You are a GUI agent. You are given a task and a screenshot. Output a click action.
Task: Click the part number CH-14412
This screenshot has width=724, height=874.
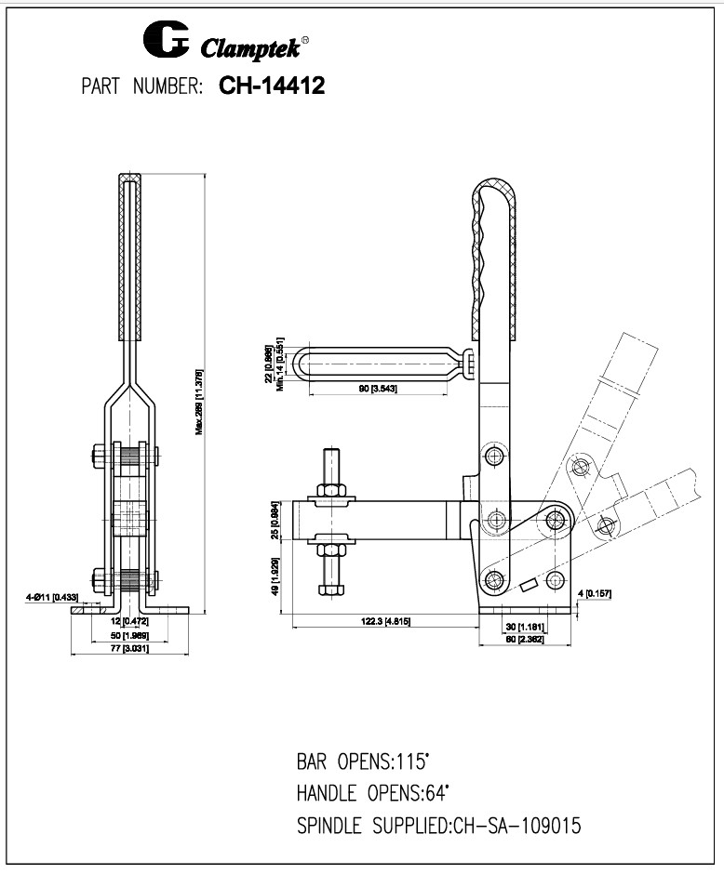coord(271,86)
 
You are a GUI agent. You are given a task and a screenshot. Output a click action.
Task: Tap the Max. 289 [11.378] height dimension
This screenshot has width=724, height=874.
coord(200,403)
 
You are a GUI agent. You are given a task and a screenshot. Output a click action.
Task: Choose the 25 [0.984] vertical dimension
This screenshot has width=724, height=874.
coord(274,522)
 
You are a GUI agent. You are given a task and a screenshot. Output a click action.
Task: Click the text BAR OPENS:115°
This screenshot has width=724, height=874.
coord(363,761)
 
